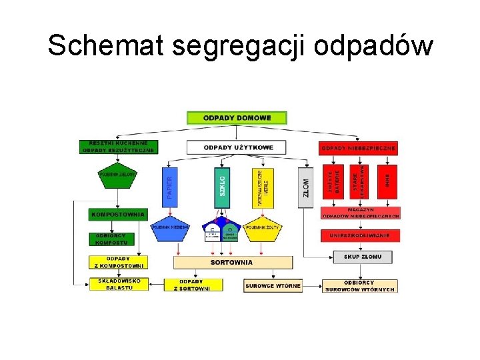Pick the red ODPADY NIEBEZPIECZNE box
[359, 147]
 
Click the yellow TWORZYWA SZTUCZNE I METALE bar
[263, 187]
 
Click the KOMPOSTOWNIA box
[117, 215]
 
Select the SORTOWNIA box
[232, 262]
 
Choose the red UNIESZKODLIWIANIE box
[360, 235]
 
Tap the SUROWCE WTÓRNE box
[273, 285]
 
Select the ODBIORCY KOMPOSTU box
[111, 239]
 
